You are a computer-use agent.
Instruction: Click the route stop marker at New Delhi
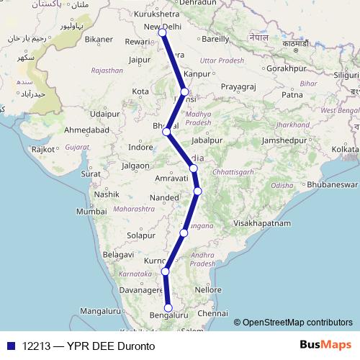(162, 33)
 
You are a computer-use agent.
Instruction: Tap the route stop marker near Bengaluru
(168, 308)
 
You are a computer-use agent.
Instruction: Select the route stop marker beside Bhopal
(166, 132)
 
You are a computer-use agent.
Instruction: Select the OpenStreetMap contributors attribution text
(298, 323)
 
